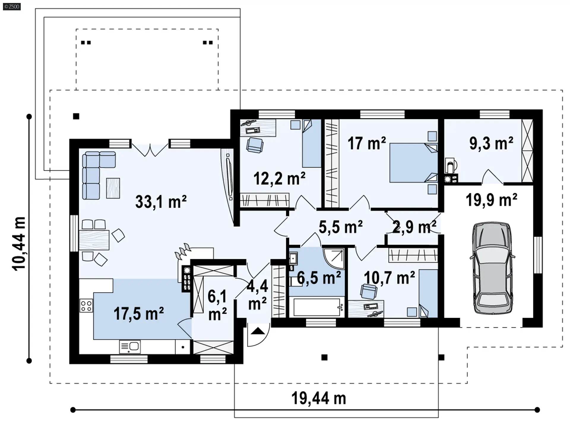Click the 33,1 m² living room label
click(x=161, y=202)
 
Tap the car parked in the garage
click(x=493, y=268)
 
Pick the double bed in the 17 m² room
click(x=414, y=163)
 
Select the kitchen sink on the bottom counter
click(x=130, y=347)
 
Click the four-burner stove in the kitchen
click(x=86, y=306)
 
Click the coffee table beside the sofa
click(x=113, y=188)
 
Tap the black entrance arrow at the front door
click(x=257, y=331)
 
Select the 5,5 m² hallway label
click(x=341, y=227)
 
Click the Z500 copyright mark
click(x=12, y=7)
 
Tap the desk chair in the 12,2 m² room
click(x=255, y=145)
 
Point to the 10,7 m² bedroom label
click(x=389, y=278)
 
